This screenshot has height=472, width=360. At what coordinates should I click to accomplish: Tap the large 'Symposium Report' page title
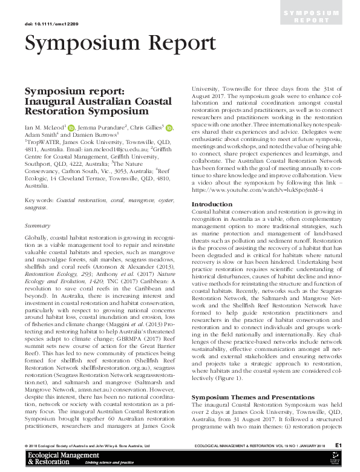pos(119,44)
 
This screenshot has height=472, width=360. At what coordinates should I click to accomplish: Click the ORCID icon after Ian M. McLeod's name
pos(71,128)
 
